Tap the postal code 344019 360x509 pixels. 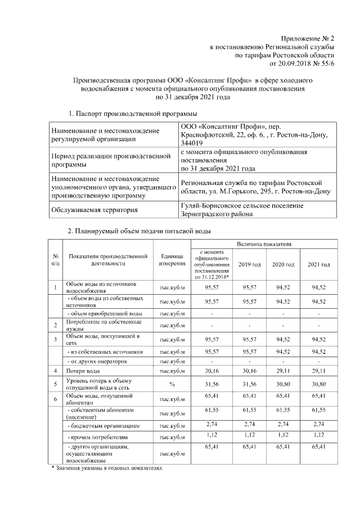point(191,144)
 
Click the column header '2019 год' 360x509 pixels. point(249,264)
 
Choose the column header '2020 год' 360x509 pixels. point(283,264)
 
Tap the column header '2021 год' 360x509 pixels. point(318,264)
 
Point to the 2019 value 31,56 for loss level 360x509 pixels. point(249,384)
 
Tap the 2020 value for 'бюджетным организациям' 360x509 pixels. point(283,422)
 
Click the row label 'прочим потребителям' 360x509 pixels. point(93,436)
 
